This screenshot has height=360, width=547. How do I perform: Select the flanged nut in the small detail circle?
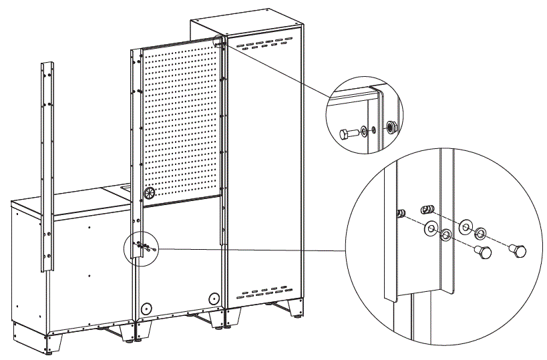[391, 127]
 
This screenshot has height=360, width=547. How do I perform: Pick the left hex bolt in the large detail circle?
[482, 252]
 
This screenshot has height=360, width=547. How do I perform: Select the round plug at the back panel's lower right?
[213, 298]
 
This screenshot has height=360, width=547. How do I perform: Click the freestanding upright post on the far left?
[47, 167]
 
